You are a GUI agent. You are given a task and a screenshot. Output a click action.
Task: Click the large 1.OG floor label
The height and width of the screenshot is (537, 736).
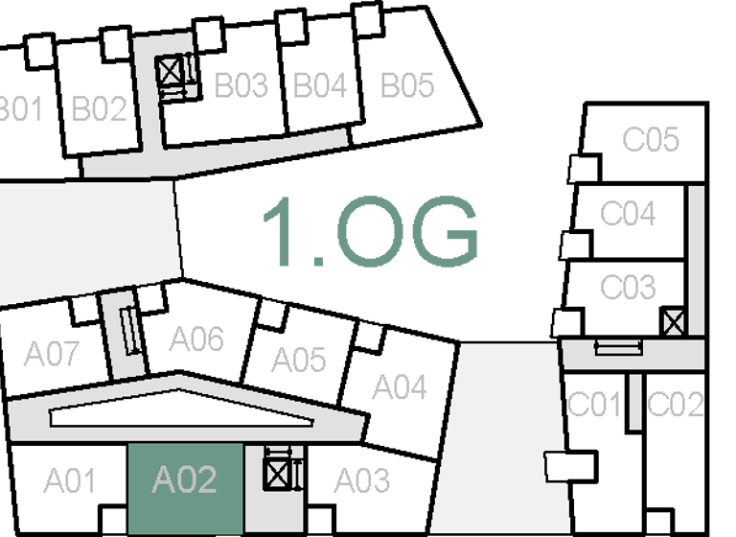click(x=370, y=232)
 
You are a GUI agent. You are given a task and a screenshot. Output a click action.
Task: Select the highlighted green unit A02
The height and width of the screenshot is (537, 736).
click(x=185, y=479)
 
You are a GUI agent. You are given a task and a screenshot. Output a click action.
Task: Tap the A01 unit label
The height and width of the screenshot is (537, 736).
click(x=69, y=479)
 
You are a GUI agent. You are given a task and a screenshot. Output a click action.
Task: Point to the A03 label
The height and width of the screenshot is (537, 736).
click(x=361, y=479)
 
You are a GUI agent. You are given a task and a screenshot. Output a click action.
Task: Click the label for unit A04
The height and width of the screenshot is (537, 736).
click(x=399, y=387)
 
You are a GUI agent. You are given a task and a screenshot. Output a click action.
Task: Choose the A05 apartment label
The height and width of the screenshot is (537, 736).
click(x=299, y=360)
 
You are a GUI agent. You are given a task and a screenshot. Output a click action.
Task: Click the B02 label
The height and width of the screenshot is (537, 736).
click(x=100, y=109)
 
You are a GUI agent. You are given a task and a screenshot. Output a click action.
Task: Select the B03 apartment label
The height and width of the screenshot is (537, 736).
click(x=241, y=86)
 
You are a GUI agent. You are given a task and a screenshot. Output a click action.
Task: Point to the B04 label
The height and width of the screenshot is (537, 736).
click(x=319, y=86)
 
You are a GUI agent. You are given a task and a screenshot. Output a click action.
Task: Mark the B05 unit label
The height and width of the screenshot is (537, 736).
click(x=407, y=86)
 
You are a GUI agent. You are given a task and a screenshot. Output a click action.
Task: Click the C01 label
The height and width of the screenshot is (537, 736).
click(x=595, y=406)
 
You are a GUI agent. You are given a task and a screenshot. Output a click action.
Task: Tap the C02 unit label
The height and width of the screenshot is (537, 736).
click(x=676, y=406)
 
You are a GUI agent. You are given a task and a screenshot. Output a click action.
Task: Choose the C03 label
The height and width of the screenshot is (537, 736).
click(x=628, y=287)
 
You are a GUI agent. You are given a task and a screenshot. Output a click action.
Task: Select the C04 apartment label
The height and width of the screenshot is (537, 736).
click(x=628, y=214)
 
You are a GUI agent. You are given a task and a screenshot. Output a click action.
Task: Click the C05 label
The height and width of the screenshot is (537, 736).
click(x=651, y=140)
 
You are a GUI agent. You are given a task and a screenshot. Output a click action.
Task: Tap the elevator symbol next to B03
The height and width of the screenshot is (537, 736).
click(x=171, y=70)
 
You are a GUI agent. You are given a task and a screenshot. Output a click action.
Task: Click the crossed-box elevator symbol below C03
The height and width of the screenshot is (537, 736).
click(x=674, y=322)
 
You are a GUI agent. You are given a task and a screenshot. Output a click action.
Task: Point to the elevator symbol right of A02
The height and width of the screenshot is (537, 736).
click(x=277, y=474)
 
